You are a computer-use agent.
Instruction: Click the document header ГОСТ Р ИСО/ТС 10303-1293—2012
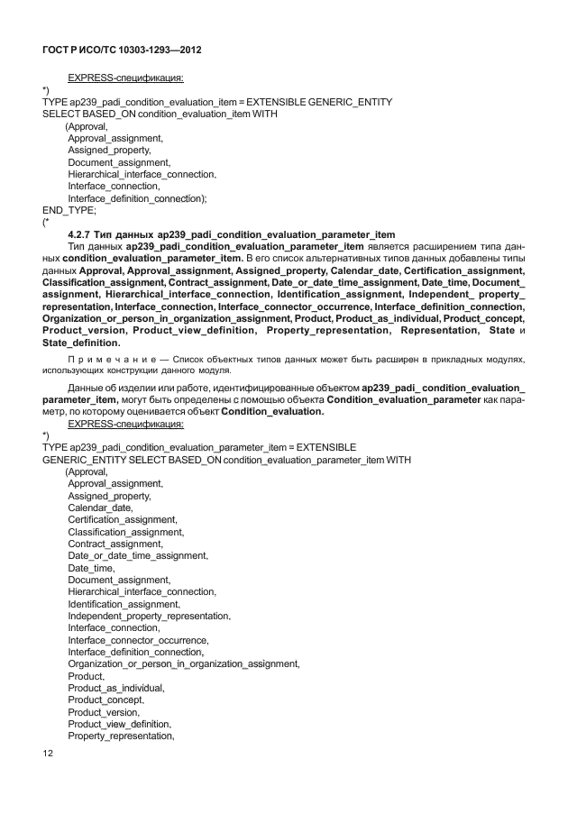[x=121, y=50]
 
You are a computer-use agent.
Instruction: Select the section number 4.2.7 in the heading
[x=83, y=233]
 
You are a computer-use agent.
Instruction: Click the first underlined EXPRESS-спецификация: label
[x=125, y=78]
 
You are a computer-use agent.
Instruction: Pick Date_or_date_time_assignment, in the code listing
[x=137, y=555]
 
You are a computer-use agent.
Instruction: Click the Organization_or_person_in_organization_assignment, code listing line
[x=183, y=663]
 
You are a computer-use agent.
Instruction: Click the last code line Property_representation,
[x=120, y=736]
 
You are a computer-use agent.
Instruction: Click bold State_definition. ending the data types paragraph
[x=81, y=343]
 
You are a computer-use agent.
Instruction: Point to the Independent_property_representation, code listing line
[x=149, y=616]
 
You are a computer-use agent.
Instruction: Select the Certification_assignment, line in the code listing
[x=121, y=519]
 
